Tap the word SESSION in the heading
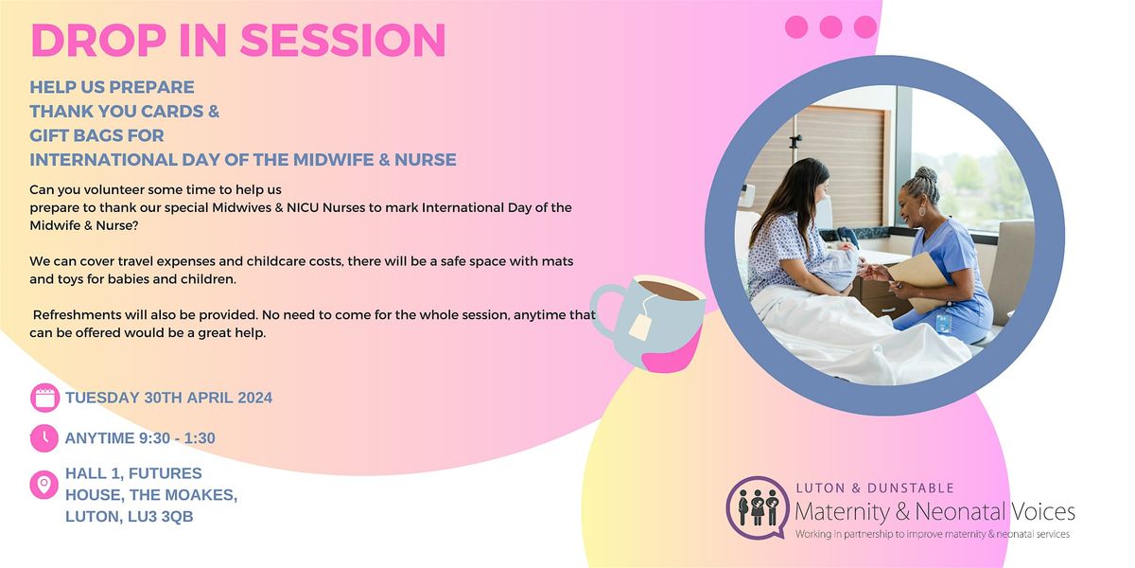[x=341, y=40]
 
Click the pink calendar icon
[x=44, y=398]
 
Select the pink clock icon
[x=44, y=438]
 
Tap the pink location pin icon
[x=44, y=486]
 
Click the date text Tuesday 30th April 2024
[x=168, y=398]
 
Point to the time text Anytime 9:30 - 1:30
[x=146, y=438]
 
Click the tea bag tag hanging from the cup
[x=639, y=327]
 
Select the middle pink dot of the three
[x=830, y=27]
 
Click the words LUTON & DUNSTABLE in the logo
[x=875, y=488]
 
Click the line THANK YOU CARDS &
[x=125, y=111]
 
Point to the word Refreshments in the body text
[x=77, y=319]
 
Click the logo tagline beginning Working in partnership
[x=932, y=535]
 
